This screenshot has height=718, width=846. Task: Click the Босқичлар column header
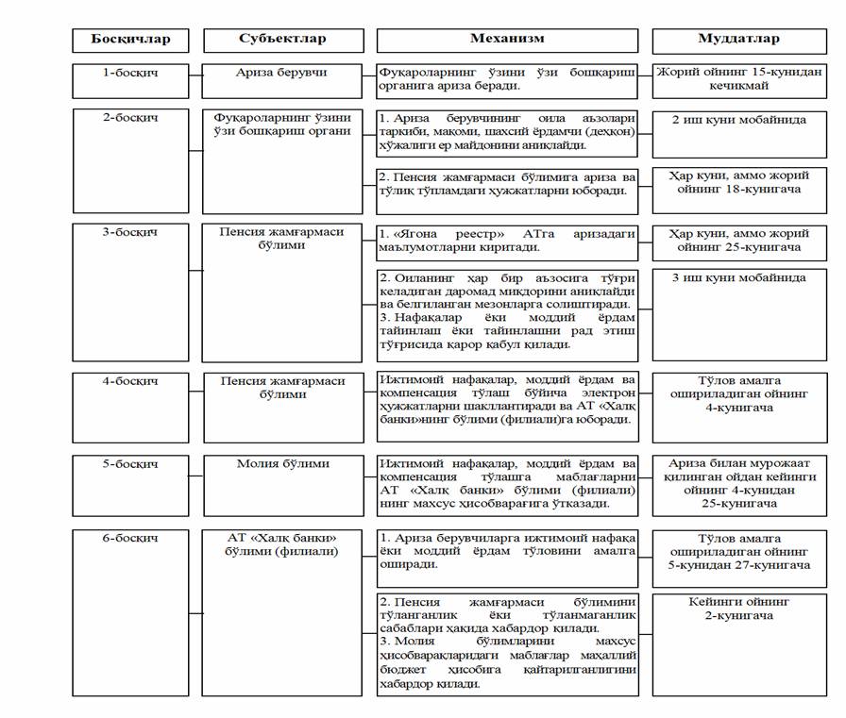coord(131,40)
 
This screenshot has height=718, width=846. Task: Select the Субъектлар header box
coord(282,40)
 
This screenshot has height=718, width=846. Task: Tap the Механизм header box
coord(507,40)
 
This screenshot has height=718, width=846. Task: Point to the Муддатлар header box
coord(739,40)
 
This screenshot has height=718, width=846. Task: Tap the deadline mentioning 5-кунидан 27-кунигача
coord(739,557)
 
